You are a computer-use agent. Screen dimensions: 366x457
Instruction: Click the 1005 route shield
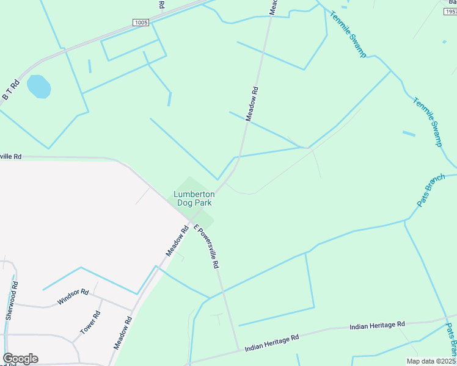pos(141,23)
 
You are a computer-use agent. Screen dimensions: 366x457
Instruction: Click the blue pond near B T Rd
pos(38,87)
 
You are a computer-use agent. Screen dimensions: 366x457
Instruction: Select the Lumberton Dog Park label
pos(193,198)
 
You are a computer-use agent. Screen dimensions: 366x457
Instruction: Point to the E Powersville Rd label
pos(207,247)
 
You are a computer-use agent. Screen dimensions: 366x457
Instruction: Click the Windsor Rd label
pos(73,297)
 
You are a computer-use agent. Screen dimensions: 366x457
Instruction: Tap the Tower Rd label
pos(90,323)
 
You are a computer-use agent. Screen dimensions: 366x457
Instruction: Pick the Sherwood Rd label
pos(11,301)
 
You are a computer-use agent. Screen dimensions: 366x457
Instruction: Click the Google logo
pos(20,359)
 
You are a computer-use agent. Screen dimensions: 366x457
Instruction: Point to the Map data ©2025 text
pos(431,361)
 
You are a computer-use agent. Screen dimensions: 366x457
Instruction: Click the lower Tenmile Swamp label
pos(428,122)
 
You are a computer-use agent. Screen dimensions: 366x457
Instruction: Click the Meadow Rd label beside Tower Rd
pos(123,332)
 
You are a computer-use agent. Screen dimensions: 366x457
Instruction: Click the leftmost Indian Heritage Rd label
pos(271,343)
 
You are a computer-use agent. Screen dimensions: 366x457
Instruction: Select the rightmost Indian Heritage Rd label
pos(377,326)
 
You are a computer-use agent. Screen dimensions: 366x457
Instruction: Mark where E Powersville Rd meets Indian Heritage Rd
pos(238,350)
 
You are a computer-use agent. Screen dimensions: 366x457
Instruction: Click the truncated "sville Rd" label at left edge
pos(10,157)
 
